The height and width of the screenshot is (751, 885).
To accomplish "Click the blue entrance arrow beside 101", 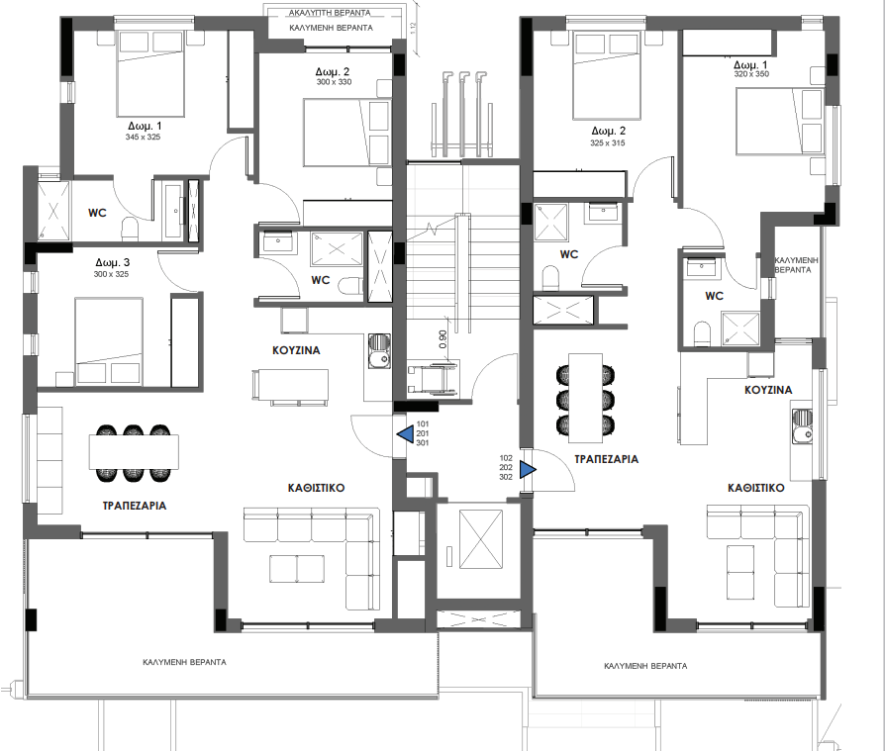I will coord(404,433).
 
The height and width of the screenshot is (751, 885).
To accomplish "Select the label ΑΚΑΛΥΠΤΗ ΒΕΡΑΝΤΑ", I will coord(331,14).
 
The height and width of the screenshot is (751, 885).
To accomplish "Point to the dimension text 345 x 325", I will coord(144,138).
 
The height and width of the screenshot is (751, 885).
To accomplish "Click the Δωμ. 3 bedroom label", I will coord(113,263).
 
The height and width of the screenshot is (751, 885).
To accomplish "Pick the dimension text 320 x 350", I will coord(751,74).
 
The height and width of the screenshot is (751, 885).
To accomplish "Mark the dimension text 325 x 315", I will coord(607,143).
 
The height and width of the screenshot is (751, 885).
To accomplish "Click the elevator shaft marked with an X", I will coord(478,542).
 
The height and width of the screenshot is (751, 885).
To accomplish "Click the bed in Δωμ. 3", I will coord(108,339).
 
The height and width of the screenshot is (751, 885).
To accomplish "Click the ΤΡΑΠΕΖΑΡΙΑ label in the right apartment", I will coord(606,459).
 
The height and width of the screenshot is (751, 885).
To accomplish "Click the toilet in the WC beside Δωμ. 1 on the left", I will coord(129,230).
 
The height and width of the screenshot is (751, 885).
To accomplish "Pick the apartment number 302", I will coord(505,478).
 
